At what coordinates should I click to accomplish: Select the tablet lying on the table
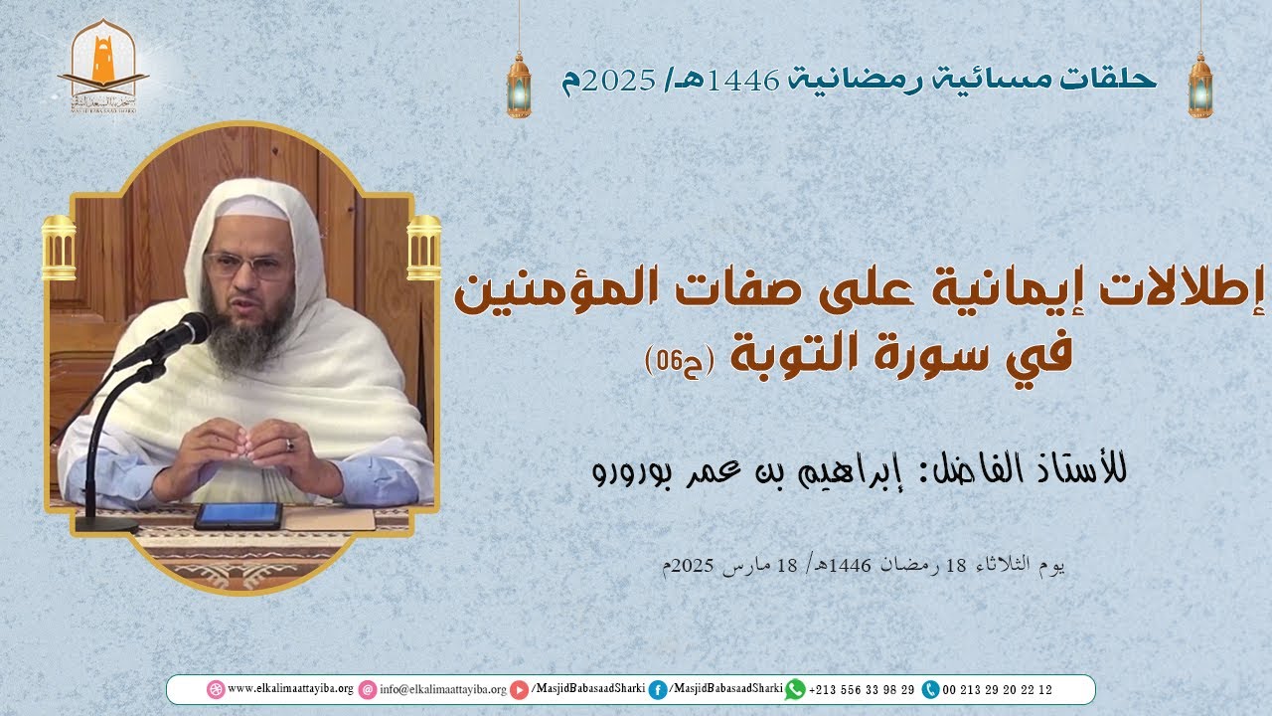tap(238, 515)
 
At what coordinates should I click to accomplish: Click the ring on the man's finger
tap(290, 445)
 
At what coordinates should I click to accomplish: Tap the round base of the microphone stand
tap(106, 523)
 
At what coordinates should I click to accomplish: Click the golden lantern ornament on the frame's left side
tap(59, 248)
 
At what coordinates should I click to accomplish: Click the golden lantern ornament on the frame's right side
tap(424, 248)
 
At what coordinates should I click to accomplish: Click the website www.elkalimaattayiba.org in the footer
tap(290, 689)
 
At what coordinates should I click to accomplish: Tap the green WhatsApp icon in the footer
tap(794, 689)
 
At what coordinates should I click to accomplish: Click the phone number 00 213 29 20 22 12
tap(997, 689)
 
